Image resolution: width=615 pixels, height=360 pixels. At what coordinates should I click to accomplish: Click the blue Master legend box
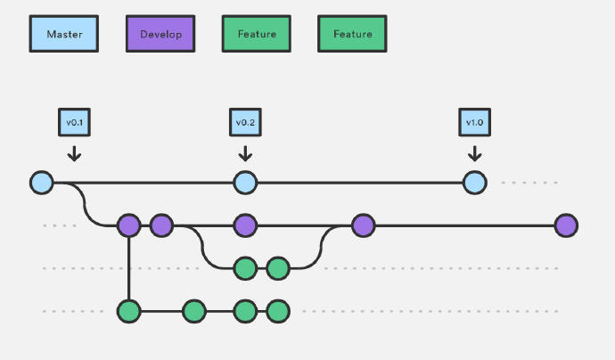[64, 34]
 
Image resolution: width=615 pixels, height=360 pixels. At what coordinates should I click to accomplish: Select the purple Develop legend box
[160, 34]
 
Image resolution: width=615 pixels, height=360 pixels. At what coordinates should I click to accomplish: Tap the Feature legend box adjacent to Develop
[257, 34]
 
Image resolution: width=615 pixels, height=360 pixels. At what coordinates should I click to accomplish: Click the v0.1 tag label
[74, 122]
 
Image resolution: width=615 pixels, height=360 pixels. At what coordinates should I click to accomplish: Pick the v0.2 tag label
[245, 122]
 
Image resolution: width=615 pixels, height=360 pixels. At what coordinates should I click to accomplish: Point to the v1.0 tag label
[474, 122]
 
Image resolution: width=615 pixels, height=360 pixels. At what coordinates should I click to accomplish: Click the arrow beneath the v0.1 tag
[74, 152]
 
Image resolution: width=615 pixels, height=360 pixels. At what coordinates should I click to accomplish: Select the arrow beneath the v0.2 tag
[245, 152]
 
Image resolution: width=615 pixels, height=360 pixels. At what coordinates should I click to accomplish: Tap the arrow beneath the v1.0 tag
[474, 152]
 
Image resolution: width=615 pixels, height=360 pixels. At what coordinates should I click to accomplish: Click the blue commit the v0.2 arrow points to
[245, 183]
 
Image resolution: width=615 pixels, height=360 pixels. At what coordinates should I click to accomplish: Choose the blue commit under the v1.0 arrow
[474, 183]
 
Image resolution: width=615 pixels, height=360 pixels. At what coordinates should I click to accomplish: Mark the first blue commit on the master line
[41, 183]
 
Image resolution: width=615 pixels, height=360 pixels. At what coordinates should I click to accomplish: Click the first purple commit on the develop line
[129, 225]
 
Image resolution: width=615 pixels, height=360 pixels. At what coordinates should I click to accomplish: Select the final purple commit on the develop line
[565, 225]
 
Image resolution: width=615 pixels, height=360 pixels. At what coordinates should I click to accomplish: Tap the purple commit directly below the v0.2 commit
[245, 225]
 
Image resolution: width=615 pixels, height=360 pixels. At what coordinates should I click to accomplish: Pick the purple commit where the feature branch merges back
[363, 225]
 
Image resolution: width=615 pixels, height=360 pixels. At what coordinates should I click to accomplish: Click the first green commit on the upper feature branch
[245, 267]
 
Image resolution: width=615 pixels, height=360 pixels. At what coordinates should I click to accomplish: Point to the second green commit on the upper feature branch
[278, 267]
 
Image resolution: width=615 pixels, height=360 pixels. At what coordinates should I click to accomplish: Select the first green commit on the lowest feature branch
[129, 311]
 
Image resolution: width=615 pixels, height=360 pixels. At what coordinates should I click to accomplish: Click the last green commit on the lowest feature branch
[278, 311]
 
